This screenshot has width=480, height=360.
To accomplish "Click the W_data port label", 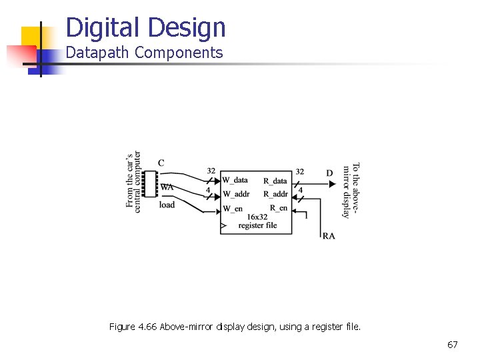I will [x=235, y=180].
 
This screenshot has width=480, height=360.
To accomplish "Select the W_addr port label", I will [x=236, y=194].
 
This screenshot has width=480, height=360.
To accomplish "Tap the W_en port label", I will [x=233, y=209].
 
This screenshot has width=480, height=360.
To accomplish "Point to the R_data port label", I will [x=275, y=180].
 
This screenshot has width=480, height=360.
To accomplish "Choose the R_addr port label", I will [x=275, y=194].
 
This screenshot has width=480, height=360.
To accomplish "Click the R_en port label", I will [x=278, y=209].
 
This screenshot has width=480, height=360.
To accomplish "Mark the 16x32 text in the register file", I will [x=257, y=217].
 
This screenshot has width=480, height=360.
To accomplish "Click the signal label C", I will [x=161, y=163].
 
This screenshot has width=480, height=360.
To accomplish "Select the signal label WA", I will [x=167, y=187].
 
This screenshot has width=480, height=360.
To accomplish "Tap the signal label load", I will [x=167, y=205].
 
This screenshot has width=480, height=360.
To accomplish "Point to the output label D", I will [x=329, y=173].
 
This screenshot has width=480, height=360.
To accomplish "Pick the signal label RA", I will [x=329, y=236].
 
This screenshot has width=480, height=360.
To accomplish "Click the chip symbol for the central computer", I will [x=150, y=184].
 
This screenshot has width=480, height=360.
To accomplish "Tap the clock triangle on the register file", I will [x=223, y=227].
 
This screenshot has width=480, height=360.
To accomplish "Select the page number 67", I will [x=452, y=345].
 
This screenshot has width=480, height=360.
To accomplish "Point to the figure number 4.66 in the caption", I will [x=146, y=327].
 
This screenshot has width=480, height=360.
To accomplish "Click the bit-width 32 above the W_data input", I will [x=211, y=171].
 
